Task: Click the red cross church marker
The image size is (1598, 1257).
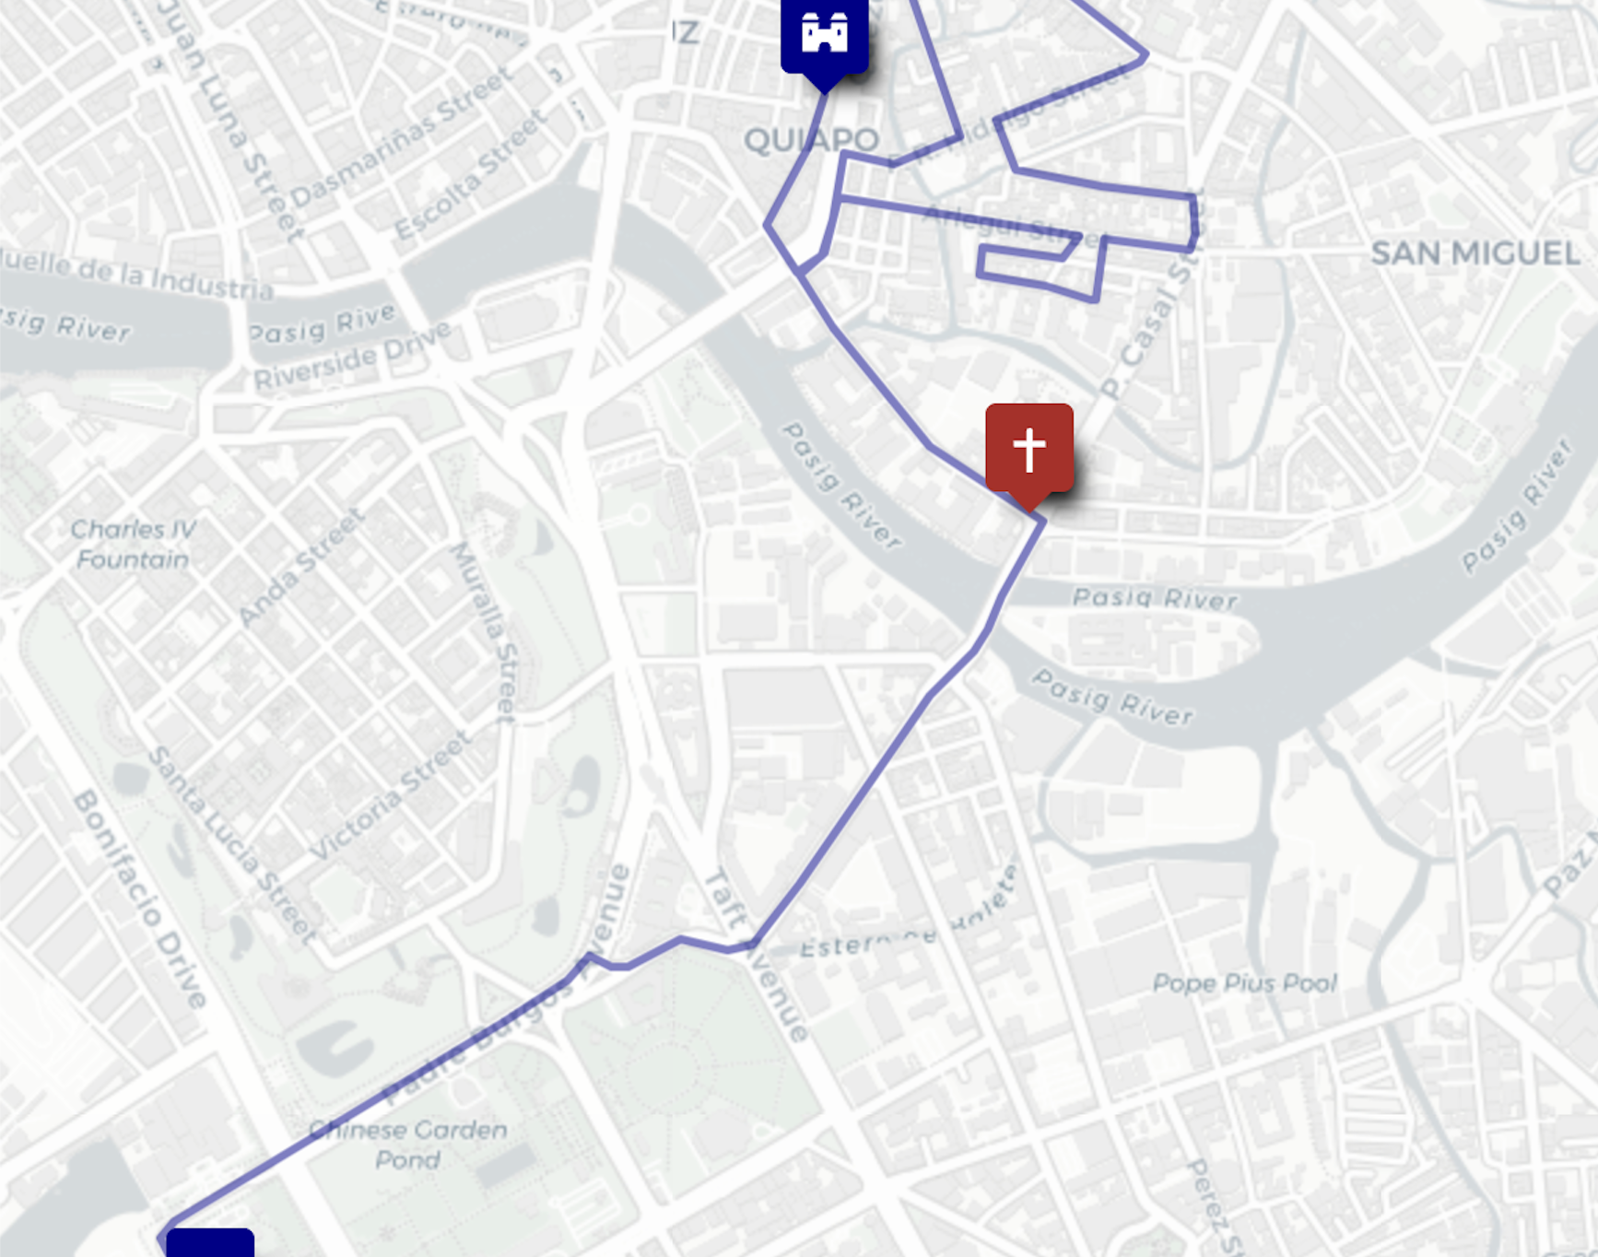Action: [x=1028, y=450]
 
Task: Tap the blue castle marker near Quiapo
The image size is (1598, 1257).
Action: [x=824, y=35]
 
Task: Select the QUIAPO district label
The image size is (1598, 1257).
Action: [x=811, y=140]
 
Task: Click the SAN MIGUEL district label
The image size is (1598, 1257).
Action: [x=1475, y=253]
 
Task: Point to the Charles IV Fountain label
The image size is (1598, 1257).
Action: [x=133, y=544]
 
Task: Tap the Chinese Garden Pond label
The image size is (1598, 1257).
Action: [x=408, y=1144]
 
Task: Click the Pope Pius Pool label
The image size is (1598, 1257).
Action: [x=1244, y=983]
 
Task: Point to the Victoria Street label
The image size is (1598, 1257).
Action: [x=391, y=794]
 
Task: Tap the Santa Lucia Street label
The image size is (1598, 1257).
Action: [x=231, y=844]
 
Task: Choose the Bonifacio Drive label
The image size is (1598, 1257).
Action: [x=140, y=898]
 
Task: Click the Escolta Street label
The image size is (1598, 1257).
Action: [x=471, y=174]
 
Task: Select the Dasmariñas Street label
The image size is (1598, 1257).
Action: [x=402, y=138]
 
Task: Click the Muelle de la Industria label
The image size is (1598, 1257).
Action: [x=138, y=274]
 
